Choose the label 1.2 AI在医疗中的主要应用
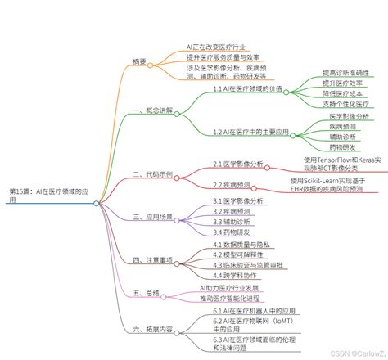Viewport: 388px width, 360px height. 253,132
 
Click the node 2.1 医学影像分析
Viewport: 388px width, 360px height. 239,164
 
